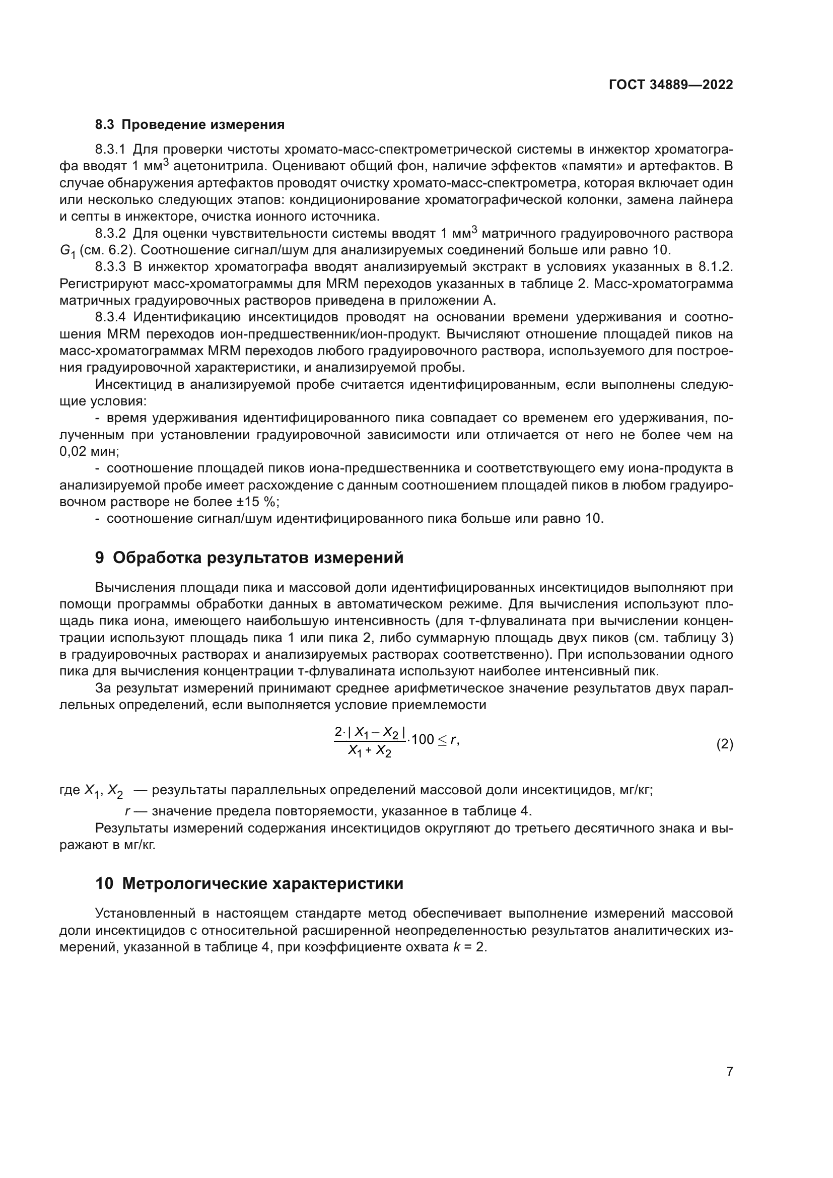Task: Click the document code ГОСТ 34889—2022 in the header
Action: (670, 85)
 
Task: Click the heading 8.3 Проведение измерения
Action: (190, 125)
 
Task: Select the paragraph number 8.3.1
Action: (110, 150)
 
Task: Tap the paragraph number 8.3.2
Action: (110, 234)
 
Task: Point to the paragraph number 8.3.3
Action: (110, 267)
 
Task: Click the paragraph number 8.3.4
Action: (110, 318)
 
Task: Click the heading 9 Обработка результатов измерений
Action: (249, 558)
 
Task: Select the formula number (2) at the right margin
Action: (724, 744)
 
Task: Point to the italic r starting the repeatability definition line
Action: (127, 811)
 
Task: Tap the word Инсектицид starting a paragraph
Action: (133, 385)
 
